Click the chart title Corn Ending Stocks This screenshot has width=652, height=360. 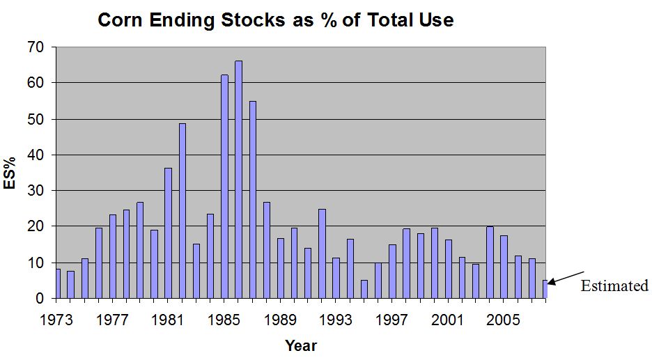click(x=275, y=19)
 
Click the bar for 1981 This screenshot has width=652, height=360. click(x=169, y=233)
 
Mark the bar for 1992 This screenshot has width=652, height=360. click(x=322, y=253)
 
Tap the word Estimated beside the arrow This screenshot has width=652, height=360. click(x=614, y=285)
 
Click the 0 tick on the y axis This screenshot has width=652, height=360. click(x=40, y=299)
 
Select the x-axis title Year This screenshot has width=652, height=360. click(x=300, y=345)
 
